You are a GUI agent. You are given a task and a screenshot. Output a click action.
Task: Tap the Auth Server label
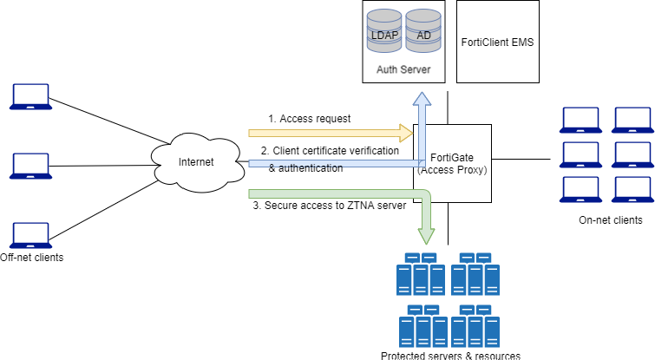coord(403,68)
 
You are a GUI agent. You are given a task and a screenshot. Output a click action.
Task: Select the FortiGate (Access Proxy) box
coord(452,163)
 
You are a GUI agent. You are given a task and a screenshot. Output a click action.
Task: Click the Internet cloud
coord(195,161)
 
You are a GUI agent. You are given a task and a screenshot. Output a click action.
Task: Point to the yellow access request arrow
coord(330,133)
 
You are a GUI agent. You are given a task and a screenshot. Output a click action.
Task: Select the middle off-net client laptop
coord(29,166)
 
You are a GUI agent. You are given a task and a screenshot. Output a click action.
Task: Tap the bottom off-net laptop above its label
coord(29,235)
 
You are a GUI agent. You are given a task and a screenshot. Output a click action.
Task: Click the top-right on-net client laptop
coord(632,119)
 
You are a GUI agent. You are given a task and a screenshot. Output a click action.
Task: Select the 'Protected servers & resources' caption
coord(450,355)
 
